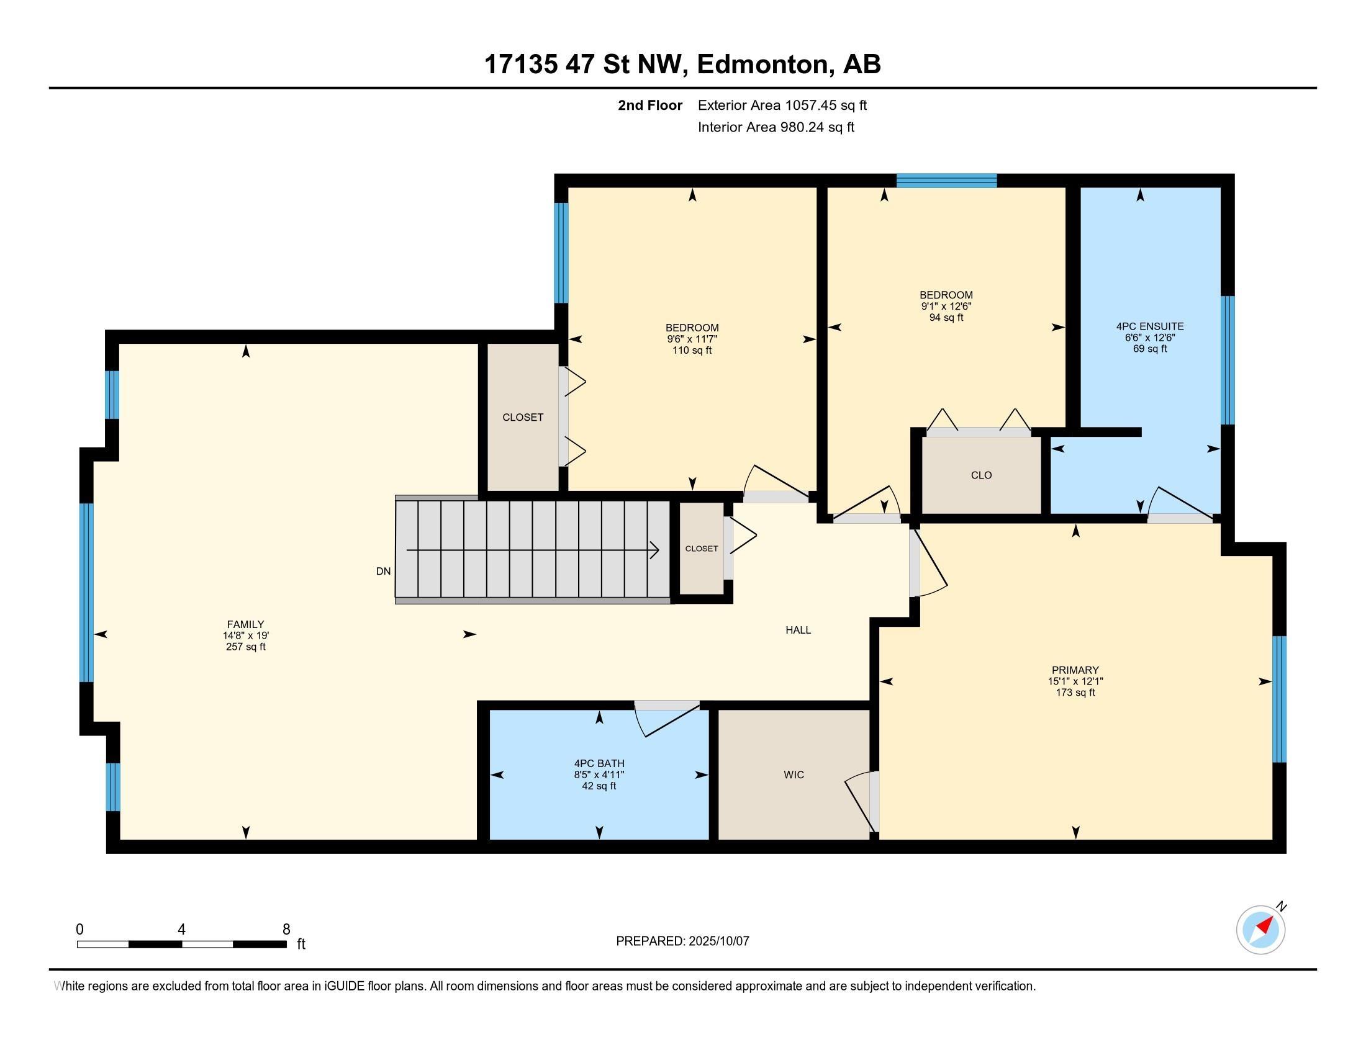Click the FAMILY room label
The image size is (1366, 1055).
(245, 624)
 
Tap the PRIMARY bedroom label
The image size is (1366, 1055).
(1075, 670)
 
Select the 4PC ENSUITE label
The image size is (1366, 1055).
(1149, 326)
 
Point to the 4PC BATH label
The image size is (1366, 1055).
(599, 763)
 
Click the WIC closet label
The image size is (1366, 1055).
(794, 774)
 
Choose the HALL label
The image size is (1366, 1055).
(798, 630)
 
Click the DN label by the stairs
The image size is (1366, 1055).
(383, 570)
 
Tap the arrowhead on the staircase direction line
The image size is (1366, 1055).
(654, 550)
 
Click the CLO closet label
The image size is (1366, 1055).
(981, 475)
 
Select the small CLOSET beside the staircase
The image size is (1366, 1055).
(701, 549)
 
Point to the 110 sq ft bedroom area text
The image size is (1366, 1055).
(692, 350)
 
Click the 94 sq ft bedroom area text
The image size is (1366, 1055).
(946, 318)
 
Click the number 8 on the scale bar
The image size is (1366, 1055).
(286, 930)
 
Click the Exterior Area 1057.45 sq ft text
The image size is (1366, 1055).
(782, 105)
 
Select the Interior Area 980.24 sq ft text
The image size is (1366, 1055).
(776, 127)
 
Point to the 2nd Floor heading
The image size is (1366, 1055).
(650, 105)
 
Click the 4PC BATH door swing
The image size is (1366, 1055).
(667, 719)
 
